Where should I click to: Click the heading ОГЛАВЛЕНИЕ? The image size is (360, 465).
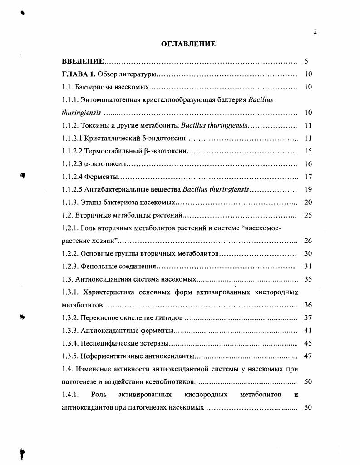click(188, 44)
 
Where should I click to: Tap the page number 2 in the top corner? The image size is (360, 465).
click(315, 31)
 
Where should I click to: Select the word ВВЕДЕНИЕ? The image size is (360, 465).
click(83, 61)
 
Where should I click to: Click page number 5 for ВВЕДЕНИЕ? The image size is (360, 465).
click(307, 61)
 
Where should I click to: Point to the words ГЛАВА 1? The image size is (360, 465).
click(79, 74)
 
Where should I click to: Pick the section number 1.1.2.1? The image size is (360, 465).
click(72, 138)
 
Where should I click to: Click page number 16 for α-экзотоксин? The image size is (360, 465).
click(308, 164)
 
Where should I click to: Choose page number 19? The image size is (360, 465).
click(308, 189)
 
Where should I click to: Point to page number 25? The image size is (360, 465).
click(308, 215)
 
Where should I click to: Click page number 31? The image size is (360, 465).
click(308, 266)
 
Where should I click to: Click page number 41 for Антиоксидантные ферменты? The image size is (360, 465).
click(308, 330)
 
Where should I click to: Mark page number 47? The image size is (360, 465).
click(308, 356)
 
